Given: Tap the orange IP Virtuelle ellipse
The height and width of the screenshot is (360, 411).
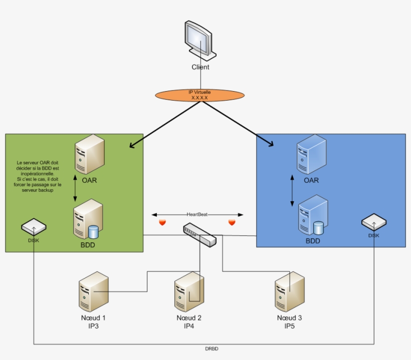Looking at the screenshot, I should point(199,95).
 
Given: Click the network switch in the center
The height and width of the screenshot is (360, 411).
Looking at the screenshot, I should point(200,235).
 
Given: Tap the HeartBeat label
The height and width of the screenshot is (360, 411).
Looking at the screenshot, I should point(197,214).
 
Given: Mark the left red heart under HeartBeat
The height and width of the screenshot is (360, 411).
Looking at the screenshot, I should point(162,222).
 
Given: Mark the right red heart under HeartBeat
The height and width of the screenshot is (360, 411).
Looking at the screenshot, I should point(232,222).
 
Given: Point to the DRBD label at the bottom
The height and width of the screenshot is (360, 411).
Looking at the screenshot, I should point(212,348).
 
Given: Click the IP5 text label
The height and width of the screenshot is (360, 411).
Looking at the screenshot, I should point(289,326).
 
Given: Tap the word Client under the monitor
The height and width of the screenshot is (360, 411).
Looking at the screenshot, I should point(200,67).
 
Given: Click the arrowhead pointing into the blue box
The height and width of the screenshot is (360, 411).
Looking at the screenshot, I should point(271,144).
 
